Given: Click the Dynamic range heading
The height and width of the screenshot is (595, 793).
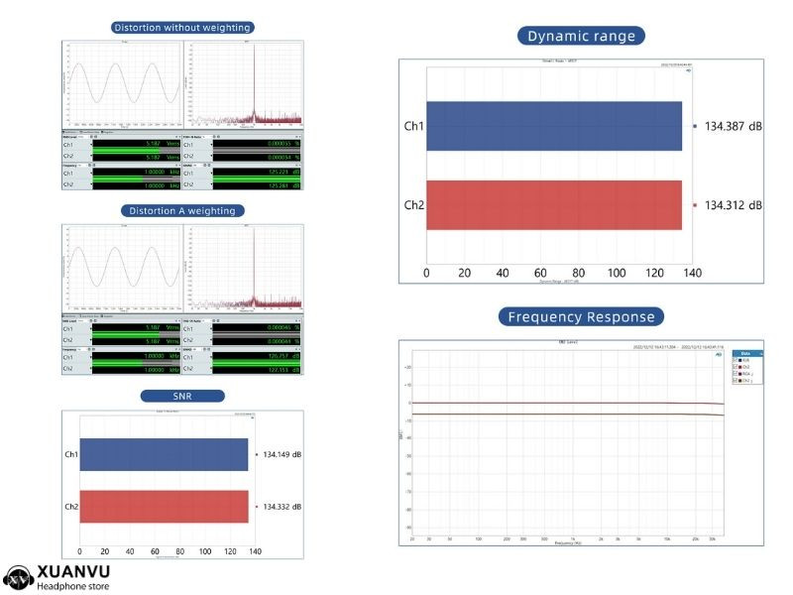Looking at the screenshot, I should [x=581, y=36].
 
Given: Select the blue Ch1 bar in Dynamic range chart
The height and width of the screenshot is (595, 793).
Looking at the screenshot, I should [x=554, y=126].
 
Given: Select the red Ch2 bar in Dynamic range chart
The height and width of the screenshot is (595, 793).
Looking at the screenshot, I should [x=554, y=205].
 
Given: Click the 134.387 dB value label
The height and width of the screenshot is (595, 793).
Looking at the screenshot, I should [x=734, y=126].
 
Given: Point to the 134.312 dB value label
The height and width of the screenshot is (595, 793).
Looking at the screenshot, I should [x=734, y=205].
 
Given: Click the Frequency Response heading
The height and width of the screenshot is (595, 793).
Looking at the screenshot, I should [x=581, y=317].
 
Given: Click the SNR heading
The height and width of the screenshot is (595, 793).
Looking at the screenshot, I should [x=182, y=396].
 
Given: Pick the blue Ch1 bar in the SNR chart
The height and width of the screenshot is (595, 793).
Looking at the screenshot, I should [x=164, y=454].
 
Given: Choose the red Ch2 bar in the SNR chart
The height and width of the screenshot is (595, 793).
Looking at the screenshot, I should [x=164, y=507].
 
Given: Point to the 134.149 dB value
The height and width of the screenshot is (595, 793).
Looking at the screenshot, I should [x=283, y=454].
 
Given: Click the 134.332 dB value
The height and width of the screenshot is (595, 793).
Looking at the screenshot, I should [x=283, y=507].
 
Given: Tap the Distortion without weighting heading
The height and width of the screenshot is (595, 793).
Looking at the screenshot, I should [x=182, y=28].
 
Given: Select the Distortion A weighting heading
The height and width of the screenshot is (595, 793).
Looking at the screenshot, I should [x=182, y=210].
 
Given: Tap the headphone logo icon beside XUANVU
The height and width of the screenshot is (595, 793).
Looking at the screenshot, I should [x=18, y=576].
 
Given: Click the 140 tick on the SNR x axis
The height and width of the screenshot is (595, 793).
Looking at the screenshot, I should [x=255, y=550].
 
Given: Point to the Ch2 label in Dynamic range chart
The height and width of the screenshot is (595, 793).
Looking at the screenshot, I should [x=413, y=205].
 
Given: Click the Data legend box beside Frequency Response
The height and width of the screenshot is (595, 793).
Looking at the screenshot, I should [x=747, y=368].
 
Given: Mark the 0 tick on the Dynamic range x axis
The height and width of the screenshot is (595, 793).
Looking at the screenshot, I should [x=426, y=273].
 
